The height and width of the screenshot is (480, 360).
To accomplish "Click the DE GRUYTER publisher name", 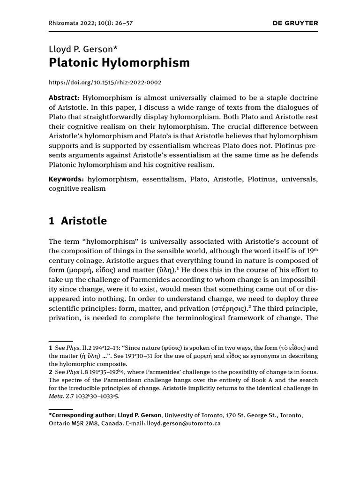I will (295, 22).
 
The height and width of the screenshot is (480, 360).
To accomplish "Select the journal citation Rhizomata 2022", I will (71, 22).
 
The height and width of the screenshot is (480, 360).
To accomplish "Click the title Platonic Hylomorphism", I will (119, 63).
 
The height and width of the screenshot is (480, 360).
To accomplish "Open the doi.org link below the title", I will (105, 82).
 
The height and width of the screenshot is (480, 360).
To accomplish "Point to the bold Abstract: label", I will (64, 97).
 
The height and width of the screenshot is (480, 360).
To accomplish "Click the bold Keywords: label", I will (67, 179).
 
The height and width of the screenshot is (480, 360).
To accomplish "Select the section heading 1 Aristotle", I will (78, 221).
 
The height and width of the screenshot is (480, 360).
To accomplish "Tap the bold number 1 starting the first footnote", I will (51, 348).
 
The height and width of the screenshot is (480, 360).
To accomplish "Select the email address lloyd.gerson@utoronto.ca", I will (184, 423).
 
